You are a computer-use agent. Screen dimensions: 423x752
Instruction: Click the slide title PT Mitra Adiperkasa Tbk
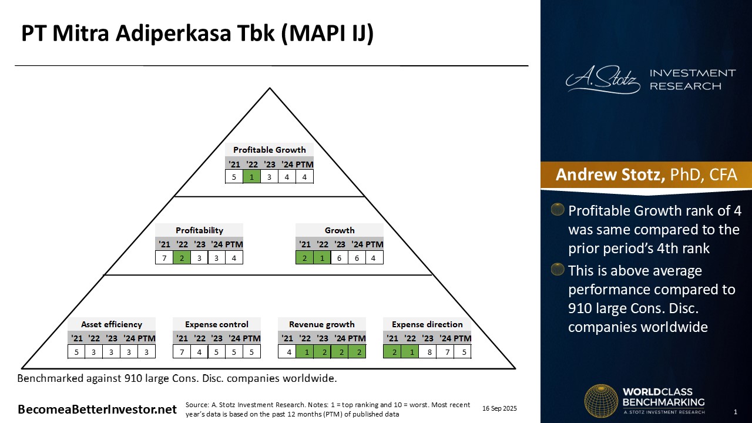[197, 34]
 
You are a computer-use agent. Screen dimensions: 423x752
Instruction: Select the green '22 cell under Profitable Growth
[252, 176]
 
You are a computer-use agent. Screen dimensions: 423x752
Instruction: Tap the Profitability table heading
[199, 230]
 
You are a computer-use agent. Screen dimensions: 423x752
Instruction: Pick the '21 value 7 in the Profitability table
[164, 257]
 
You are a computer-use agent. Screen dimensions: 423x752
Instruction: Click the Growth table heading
[340, 230]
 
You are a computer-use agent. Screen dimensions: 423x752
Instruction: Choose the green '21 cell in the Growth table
[304, 257]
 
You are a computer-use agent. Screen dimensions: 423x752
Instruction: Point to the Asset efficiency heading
[112, 324]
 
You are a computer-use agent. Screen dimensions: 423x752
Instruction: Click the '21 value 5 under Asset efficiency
[77, 352]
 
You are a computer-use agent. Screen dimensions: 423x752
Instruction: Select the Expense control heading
[217, 324]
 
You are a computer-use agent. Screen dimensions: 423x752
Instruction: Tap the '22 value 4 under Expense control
[200, 352]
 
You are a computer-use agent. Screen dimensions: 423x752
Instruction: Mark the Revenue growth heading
[322, 324]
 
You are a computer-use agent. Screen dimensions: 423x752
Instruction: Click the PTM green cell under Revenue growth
[357, 352]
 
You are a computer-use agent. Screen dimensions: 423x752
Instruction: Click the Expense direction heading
[427, 324]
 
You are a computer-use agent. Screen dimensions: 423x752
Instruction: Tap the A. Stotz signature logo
[603, 80]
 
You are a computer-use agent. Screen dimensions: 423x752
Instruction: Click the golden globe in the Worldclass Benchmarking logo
[601, 401]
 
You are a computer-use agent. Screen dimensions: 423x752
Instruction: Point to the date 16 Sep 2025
[499, 408]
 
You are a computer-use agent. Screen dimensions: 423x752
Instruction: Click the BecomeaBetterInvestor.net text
[97, 409]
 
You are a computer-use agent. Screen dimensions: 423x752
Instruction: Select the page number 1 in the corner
[736, 411]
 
